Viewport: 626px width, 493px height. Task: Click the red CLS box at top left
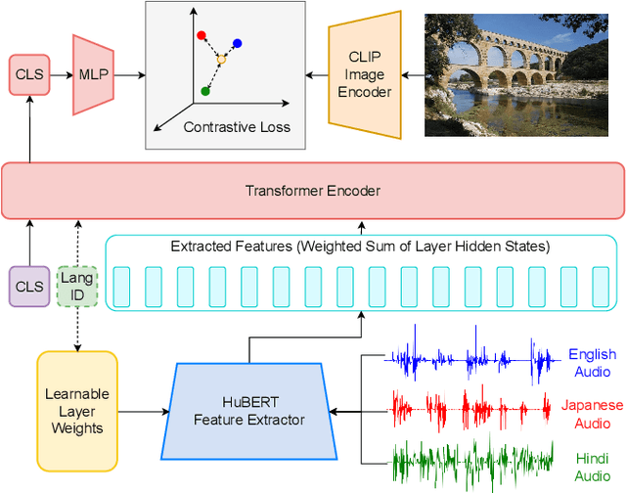29,75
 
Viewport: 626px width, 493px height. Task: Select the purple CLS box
29,287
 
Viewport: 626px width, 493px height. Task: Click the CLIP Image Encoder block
365,75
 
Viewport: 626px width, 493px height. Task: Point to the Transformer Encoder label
312,190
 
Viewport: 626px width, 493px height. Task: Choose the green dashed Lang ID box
77,287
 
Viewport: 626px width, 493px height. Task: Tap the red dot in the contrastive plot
201,35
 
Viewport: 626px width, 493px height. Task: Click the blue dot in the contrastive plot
238,43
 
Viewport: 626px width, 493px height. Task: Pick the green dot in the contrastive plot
205,91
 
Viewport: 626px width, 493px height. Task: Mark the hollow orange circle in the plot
221,60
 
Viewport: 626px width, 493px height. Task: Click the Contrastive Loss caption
237,127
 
